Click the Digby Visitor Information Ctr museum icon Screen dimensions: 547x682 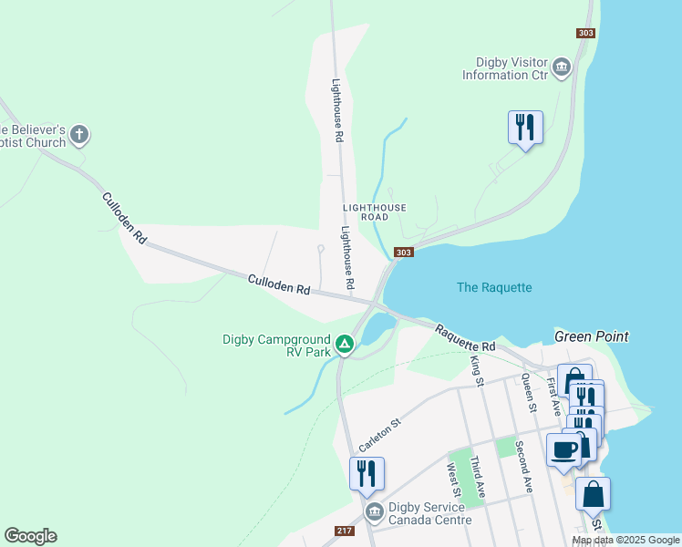coord(561,67)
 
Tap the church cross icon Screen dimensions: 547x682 coord(79,136)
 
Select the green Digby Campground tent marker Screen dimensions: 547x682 coord(344,345)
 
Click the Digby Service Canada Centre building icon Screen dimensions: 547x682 coord(374,512)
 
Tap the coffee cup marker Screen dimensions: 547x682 coord(563,449)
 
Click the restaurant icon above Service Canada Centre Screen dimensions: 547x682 coord(367,473)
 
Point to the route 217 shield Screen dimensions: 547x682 coord(344,532)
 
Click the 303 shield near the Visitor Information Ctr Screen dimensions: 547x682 coord(585,33)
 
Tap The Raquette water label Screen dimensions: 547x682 coord(493,287)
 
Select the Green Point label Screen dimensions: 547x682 coord(591,336)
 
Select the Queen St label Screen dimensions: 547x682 coord(527,385)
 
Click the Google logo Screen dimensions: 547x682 coord(30,536)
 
